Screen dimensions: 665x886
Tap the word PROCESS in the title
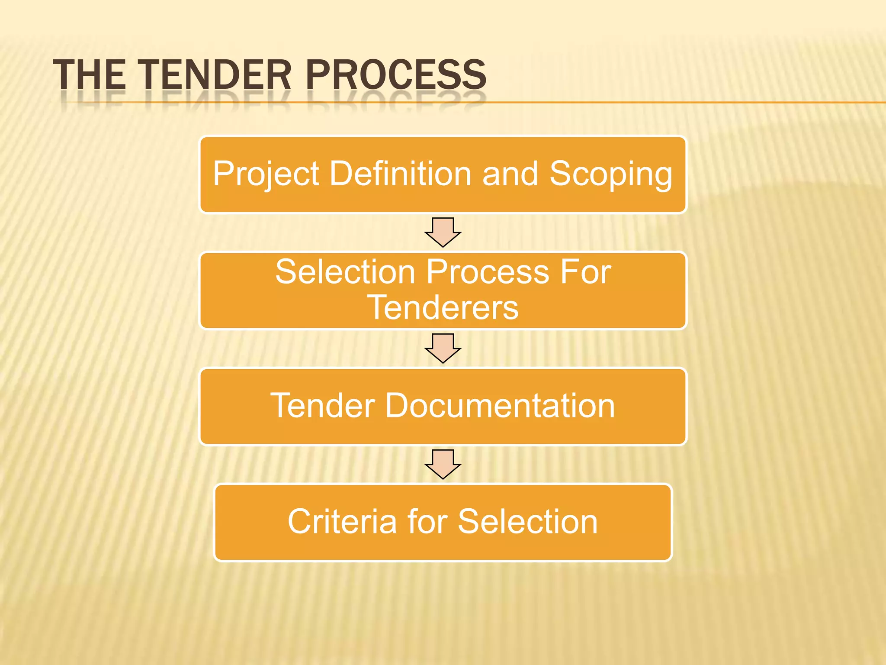(x=396, y=74)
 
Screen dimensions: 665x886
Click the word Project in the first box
(x=266, y=174)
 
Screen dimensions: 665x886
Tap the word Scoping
(x=611, y=174)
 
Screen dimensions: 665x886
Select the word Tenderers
(x=443, y=307)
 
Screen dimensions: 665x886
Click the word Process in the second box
(x=488, y=272)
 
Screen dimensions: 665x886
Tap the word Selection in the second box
(x=346, y=272)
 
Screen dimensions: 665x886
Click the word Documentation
(x=500, y=406)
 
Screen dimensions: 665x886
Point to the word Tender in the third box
(x=323, y=406)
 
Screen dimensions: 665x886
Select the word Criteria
(x=342, y=522)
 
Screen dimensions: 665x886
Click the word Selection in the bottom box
(x=528, y=522)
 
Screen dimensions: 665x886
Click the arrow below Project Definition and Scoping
(x=443, y=232)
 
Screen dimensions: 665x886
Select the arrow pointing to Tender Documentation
(x=443, y=348)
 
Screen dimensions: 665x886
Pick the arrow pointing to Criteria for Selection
(x=443, y=464)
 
